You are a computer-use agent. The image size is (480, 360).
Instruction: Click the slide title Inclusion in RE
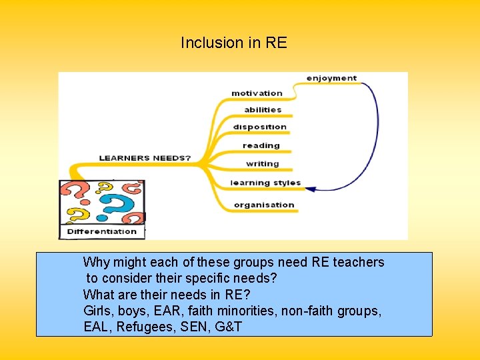pyautogui.click(x=233, y=43)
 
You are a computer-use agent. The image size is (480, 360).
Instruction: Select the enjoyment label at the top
pyautogui.click(x=331, y=78)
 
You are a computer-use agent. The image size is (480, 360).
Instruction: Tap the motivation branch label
pyautogui.click(x=257, y=93)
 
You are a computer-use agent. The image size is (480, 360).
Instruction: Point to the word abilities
pyautogui.click(x=263, y=110)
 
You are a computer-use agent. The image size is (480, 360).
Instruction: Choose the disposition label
pyautogui.click(x=260, y=127)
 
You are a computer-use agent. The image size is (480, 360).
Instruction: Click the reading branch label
pyautogui.click(x=261, y=145)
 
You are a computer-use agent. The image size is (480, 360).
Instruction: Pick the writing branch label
pyautogui.click(x=262, y=163)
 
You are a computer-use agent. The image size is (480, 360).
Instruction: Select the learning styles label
pyautogui.click(x=265, y=183)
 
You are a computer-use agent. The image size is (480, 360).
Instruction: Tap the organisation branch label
pyautogui.click(x=264, y=205)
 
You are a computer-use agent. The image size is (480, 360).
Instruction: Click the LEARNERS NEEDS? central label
pyautogui.click(x=145, y=159)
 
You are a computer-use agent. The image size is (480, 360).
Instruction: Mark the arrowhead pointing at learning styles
pyautogui.click(x=310, y=187)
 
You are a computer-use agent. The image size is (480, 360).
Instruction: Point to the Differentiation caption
pyautogui.click(x=102, y=232)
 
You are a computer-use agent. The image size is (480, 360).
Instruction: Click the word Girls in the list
pyautogui.click(x=98, y=311)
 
